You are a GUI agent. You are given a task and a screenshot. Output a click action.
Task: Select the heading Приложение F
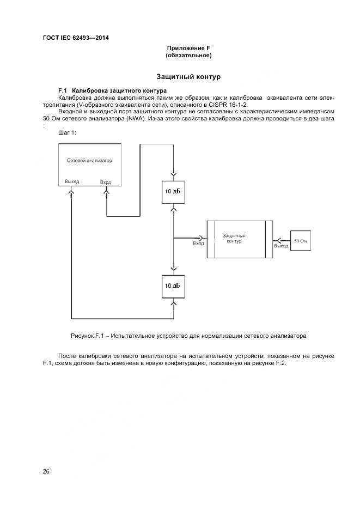tap(188, 48)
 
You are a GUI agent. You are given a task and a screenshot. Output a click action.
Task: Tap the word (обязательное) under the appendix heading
tap(188, 56)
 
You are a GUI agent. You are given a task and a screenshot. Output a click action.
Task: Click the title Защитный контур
tap(188, 77)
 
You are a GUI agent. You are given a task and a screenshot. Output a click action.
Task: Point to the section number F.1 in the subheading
tap(62, 90)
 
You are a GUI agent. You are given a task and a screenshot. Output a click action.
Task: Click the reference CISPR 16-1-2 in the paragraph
tap(228, 104)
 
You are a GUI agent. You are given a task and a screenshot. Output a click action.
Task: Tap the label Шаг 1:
tap(67, 132)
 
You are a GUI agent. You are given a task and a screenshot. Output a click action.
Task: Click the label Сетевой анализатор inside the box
tap(89, 161)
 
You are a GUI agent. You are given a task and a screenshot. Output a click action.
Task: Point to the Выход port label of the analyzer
tap(71, 181)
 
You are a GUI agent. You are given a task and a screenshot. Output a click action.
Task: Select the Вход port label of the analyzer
tap(106, 182)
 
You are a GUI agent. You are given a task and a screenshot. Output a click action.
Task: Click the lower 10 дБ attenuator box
tap(173, 286)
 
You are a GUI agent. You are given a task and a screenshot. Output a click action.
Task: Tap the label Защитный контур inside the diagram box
tap(234, 238)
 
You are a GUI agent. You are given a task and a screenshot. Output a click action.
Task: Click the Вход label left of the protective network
tap(198, 244)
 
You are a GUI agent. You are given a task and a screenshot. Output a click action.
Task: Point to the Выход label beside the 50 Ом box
tap(281, 246)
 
